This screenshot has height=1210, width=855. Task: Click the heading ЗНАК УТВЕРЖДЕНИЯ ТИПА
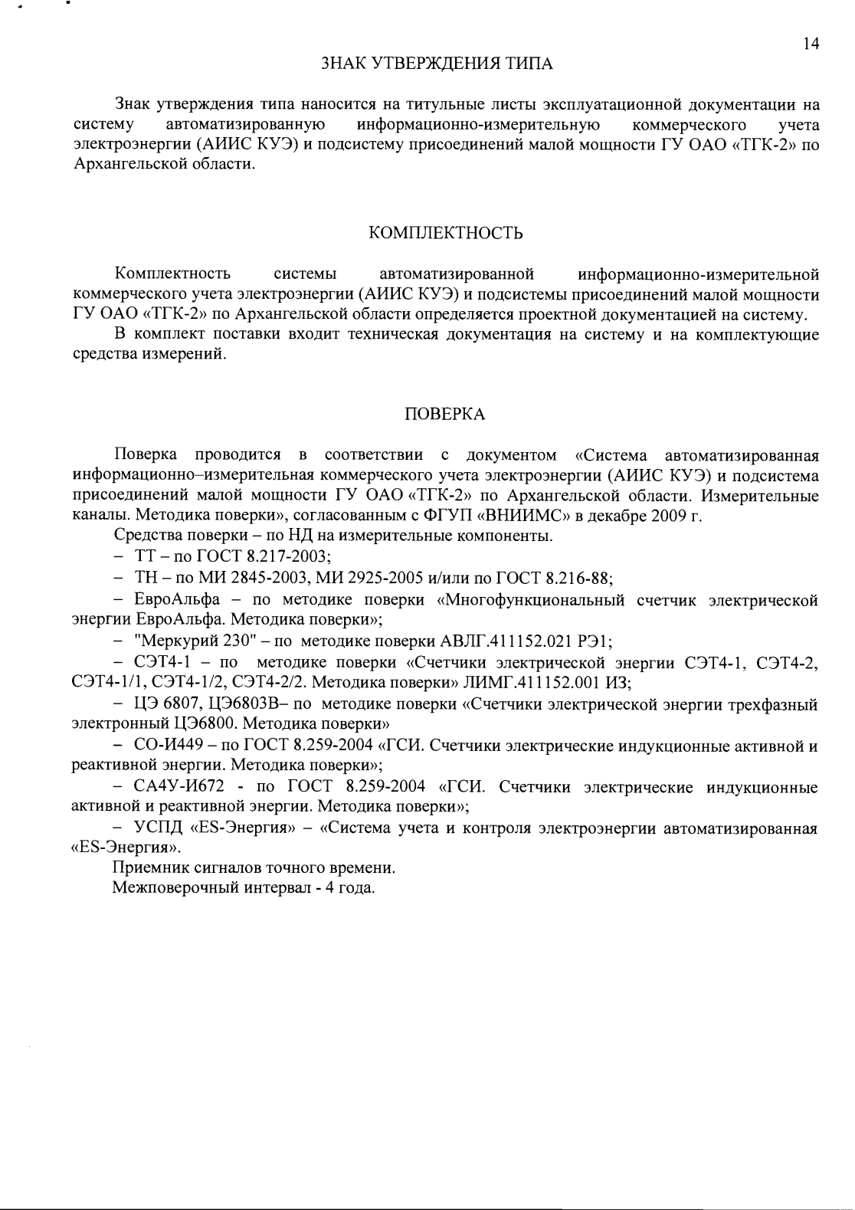(436, 63)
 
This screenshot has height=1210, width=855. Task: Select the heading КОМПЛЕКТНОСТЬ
(446, 233)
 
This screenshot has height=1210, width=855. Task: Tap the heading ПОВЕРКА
(444, 414)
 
